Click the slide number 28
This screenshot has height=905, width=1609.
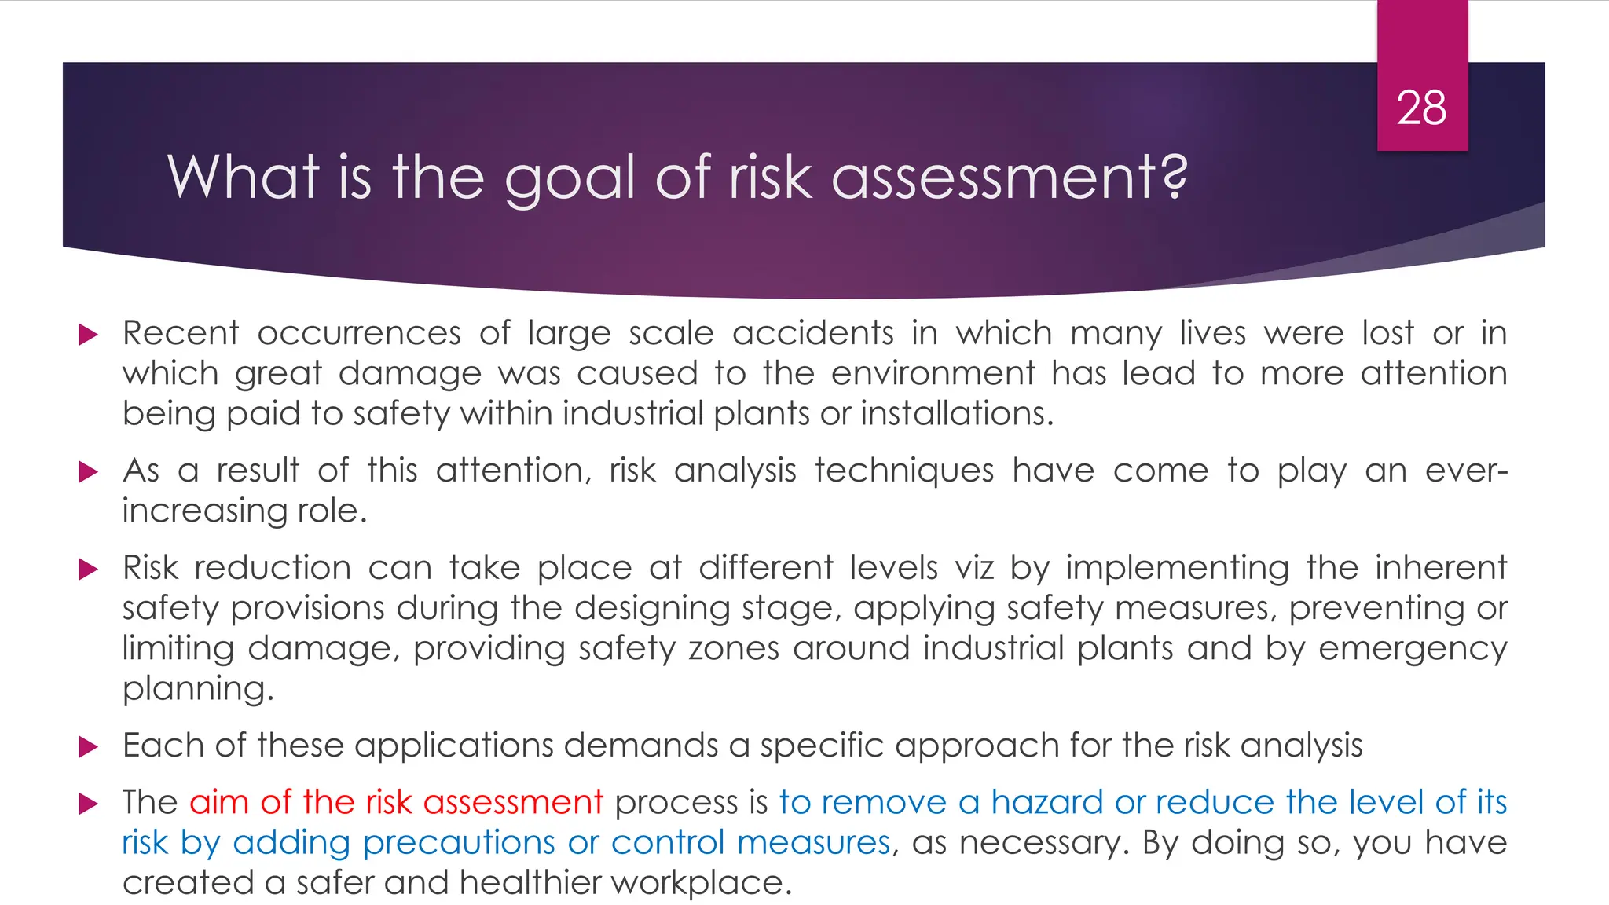(1421, 108)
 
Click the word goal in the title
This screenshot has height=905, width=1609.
(569, 178)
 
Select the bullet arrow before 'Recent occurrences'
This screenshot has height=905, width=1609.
(89, 335)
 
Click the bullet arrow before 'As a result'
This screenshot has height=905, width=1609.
(89, 472)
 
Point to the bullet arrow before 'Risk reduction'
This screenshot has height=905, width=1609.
(89, 570)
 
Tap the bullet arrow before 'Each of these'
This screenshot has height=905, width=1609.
(89, 747)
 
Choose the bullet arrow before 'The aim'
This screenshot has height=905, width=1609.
(89, 804)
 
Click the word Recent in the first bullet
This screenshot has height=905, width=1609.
(181, 334)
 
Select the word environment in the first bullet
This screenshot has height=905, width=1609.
(933, 373)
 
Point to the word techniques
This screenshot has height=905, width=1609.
(903, 471)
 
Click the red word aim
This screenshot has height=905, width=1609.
(218, 802)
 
